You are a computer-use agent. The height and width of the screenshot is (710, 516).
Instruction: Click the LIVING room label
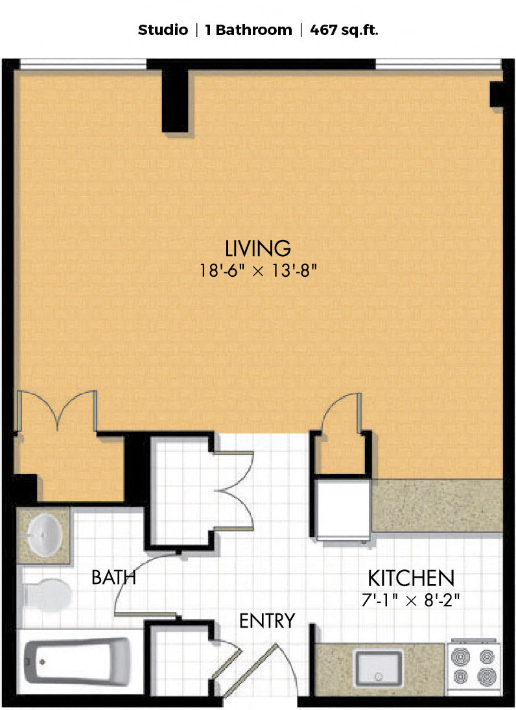pyautogui.click(x=258, y=248)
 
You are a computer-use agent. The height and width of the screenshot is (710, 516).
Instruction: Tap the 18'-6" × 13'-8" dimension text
pyautogui.click(x=258, y=271)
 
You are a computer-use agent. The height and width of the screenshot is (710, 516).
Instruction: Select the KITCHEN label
pyautogui.click(x=411, y=578)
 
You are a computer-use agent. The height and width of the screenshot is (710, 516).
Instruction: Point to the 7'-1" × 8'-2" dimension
pyautogui.click(x=410, y=600)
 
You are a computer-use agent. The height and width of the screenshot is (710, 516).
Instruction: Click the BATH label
pyautogui.click(x=113, y=577)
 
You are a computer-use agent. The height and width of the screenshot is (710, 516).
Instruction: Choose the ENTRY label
pyautogui.click(x=267, y=621)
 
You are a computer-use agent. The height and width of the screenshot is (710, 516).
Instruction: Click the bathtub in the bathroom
pyautogui.click(x=77, y=661)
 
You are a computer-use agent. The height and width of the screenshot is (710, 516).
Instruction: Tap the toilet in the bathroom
pyautogui.click(x=47, y=595)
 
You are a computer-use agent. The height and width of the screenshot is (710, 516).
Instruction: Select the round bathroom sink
pyautogui.click(x=45, y=535)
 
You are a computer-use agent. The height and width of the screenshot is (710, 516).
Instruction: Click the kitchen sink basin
pyautogui.click(x=379, y=669)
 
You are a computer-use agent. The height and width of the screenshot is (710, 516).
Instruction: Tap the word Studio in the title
pyautogui.click(x=163, y=30)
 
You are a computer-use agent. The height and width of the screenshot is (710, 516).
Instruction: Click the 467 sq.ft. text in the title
pyautogui.click(x=344, y=30)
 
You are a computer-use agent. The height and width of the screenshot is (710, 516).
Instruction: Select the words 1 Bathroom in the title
pyautogui.click(x=248, y=30)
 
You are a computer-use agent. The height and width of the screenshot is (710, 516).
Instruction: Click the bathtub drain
pyautogui.click(x=42, y=662)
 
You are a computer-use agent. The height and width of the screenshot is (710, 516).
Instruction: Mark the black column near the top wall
pyautogui.click(x=175, y=101)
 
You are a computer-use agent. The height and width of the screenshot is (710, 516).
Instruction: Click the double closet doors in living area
pyautogui.click(x=56, y=410)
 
